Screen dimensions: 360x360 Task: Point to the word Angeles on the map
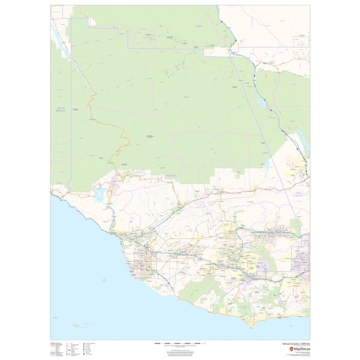coord(300,195)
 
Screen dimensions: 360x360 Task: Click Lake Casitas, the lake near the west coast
coord(99,194)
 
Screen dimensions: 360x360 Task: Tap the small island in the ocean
coord(79,325)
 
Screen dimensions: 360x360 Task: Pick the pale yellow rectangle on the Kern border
coord(218,51)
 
